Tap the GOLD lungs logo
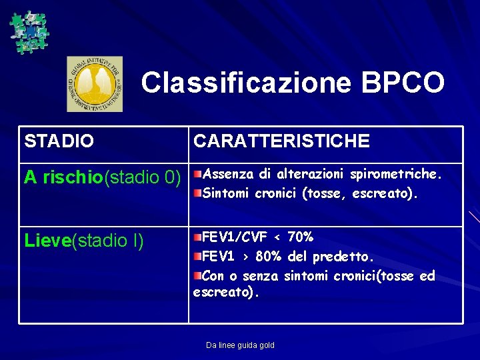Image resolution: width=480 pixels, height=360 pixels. click(x=95, y=84)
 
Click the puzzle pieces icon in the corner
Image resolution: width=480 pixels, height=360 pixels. click(x=29, y=31)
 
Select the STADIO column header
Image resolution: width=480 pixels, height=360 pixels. click(x=59, y=141)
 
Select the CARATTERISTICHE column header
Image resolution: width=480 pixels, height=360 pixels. click(x=281, y=141)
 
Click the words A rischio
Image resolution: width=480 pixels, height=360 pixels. click(x=63, y=178)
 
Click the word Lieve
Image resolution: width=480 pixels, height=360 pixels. click(x=47, y=241)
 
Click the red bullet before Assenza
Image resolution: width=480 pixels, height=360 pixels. click(x=197, y=175)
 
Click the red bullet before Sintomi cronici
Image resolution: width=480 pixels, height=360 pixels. click(x=197, y=194)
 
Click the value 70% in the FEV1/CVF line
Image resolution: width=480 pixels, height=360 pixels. click(x=299, y=237)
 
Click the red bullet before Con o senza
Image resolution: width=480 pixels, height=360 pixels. click(x=197, y=276)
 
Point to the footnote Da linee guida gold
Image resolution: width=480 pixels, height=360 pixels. click(x=240, y=345)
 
